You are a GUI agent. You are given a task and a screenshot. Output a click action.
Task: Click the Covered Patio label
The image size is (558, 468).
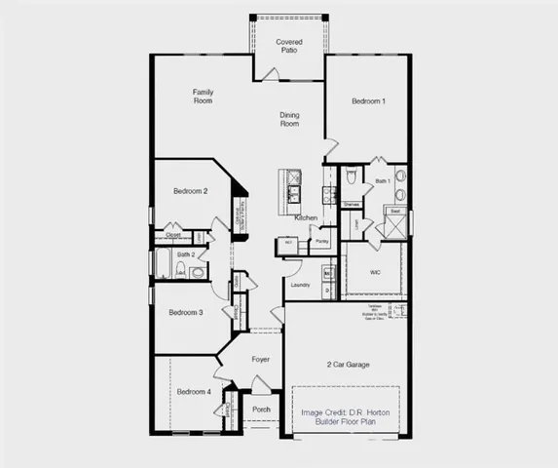pyautogui.click(x=289, y=46)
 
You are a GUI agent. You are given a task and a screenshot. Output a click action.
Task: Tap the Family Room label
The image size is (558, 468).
pyautogui.click(x=203, y=97)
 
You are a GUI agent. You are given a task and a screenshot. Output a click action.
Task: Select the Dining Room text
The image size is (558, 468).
pyautogui.click(x=290, y=120)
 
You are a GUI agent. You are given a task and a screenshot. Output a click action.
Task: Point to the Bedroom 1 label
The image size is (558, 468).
pyautogui.click(x=368, y=101)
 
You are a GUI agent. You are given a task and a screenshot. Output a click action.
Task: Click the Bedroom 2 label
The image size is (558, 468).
pyautogui.click(x=191, y=191)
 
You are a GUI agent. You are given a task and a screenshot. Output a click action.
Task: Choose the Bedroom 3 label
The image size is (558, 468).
pyautogui.click(x=185, y=312)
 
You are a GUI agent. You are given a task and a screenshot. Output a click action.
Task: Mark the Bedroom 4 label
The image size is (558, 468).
pyautogui.click(x=193, y=392)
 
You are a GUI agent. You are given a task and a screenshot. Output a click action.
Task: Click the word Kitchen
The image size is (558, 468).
pyautogui.click(x=306, y=217)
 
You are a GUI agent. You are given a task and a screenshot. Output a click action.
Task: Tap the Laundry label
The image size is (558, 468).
pyautogui.click(x=299, y=285)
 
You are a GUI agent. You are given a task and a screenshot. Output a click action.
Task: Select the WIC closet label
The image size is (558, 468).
pyautogui.click(x=375, y=272)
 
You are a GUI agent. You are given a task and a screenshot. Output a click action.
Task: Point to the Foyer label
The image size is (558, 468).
pyautogui.click(x=261, y=360)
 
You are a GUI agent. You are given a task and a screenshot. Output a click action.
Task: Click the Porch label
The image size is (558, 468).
pyautogui.click(x=261, y=409)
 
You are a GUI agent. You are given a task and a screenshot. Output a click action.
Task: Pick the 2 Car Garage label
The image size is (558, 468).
pyautogui.click(x=348, y=365)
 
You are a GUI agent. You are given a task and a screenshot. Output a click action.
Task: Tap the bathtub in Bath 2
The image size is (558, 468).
pyautogui.click(x=164, y=264)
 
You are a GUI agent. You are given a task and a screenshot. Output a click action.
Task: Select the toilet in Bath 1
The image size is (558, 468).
pyautogui.click(x=351, y=179)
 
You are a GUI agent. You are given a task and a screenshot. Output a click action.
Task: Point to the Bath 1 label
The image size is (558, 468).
pyautogui.click(x=383, y=181)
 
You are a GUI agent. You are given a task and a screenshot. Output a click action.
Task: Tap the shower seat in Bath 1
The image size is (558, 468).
pyautogui.click(x=395, y=211)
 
